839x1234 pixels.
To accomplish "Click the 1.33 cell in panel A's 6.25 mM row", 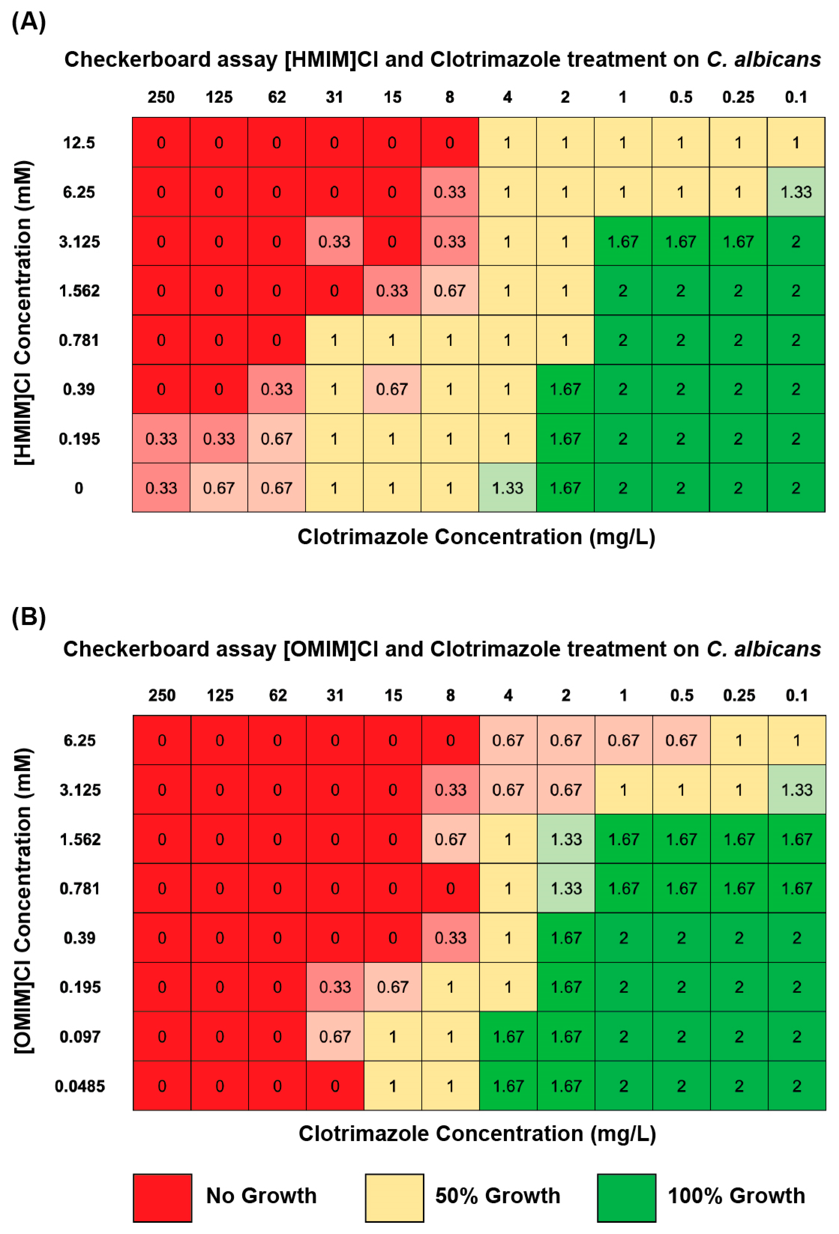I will (796, 192).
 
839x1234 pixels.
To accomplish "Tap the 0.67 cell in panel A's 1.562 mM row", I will (449, 290).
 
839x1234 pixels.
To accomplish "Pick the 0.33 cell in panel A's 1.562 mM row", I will (392, 290).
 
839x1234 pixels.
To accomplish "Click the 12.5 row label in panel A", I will (79, 142).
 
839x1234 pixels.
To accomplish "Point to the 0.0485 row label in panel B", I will (80, 1086).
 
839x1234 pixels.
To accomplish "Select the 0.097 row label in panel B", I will (80, 1037).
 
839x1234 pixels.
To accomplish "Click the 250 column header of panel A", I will (161, 97).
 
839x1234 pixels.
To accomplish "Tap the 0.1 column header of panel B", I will (797, 695).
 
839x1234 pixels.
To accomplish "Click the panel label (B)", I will (29, 616).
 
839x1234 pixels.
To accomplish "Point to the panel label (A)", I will (29, 21).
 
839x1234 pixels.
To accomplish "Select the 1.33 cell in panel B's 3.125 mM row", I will (797, 790).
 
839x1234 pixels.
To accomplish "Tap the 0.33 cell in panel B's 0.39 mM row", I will (450, 938).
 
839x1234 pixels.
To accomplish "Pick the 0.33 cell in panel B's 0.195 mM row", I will (335, 987).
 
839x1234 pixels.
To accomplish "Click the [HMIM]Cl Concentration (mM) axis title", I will (23, 313).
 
